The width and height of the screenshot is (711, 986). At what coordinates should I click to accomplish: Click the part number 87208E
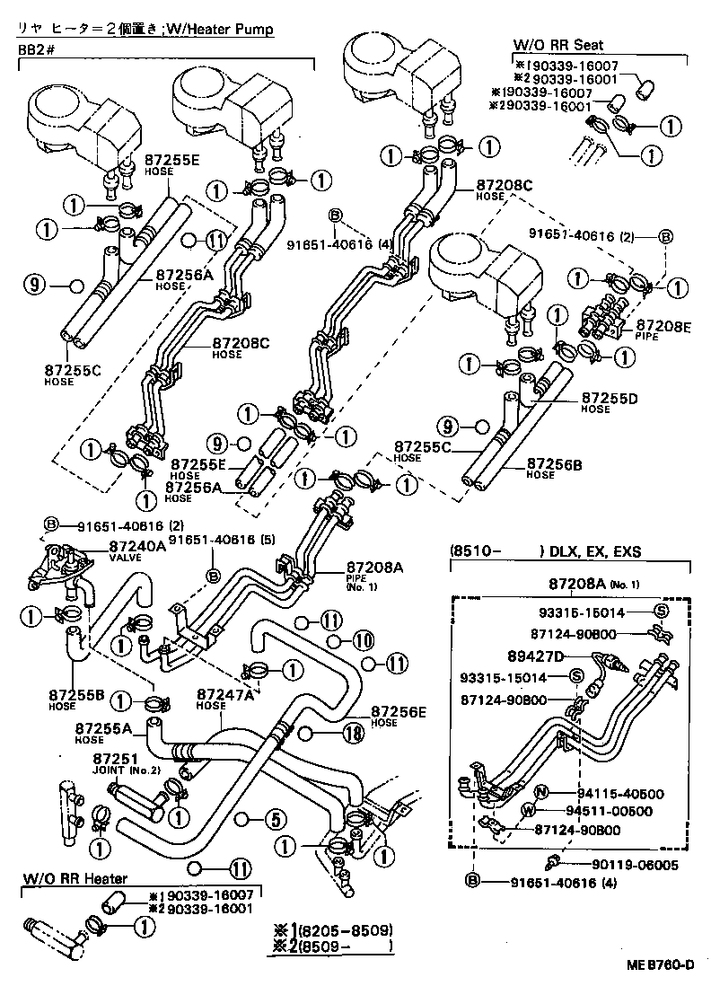(663, 325)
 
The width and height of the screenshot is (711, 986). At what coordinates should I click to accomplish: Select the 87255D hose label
(608, 397)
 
